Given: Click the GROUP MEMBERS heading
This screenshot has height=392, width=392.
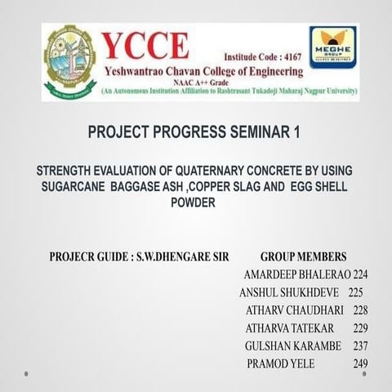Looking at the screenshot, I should click(x=303, y=256).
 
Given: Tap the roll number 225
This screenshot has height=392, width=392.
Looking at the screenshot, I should click(x=355, y=292).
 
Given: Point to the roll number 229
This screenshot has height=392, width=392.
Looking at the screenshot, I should click(x=360, y=328).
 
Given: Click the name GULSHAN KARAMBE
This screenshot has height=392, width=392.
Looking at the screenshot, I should click(x=292, y=346).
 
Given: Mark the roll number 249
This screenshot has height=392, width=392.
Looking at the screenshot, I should click(x=360, y=364).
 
